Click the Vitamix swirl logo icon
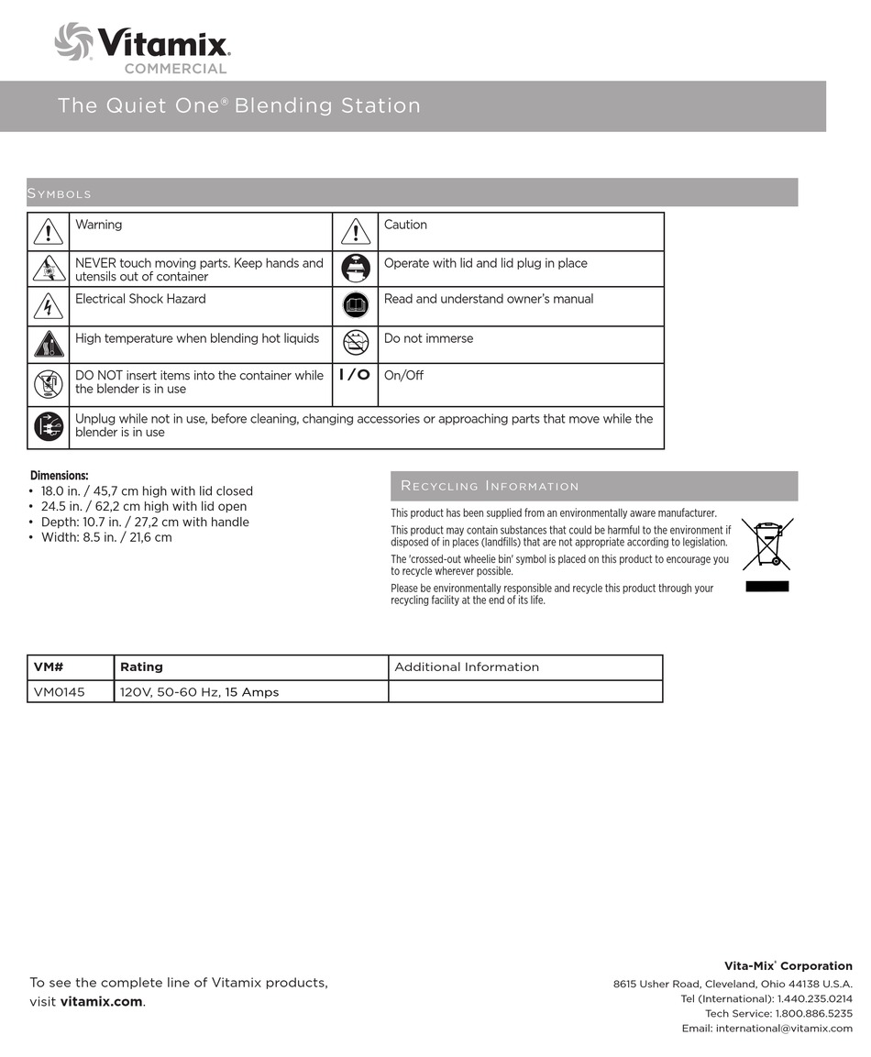coord(73,41)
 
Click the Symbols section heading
coord(61,193)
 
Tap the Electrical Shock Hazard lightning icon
coord(48,306)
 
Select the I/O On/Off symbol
coord(354,375)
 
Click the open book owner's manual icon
coord(355,304)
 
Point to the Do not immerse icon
coord(355,343)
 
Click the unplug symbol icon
coord(48,427)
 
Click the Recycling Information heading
coord(490,486)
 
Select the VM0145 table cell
coord(59,692)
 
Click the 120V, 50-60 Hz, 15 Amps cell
coord(199,692)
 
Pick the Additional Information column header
coord(466,667)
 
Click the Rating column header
coord(141,667)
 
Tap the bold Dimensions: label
coord(60,475)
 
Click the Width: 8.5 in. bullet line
coord(105,537)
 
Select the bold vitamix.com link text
coord(101,1001)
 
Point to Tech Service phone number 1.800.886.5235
coord(814,1013)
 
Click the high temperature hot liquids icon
coord(48,344)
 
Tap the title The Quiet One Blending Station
coord(239,105)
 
